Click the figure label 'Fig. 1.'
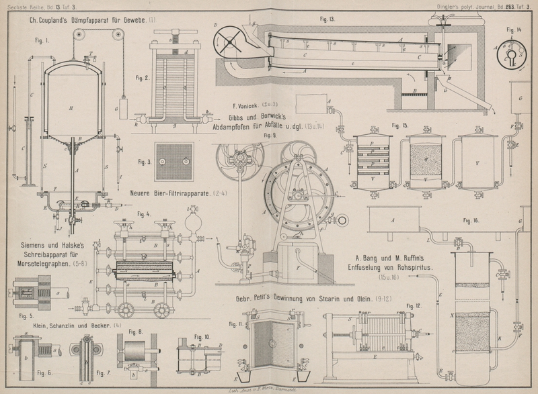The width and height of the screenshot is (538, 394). (42, 40)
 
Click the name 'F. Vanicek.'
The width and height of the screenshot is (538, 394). (246, 104)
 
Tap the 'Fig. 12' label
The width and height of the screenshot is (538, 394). (414, 306)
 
